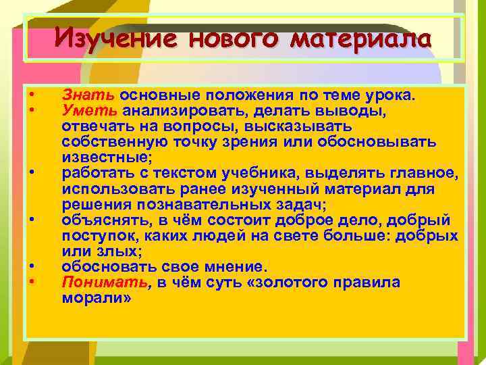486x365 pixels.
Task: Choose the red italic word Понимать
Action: tap(99, 282)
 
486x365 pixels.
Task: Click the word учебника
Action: tap(279, 173)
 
